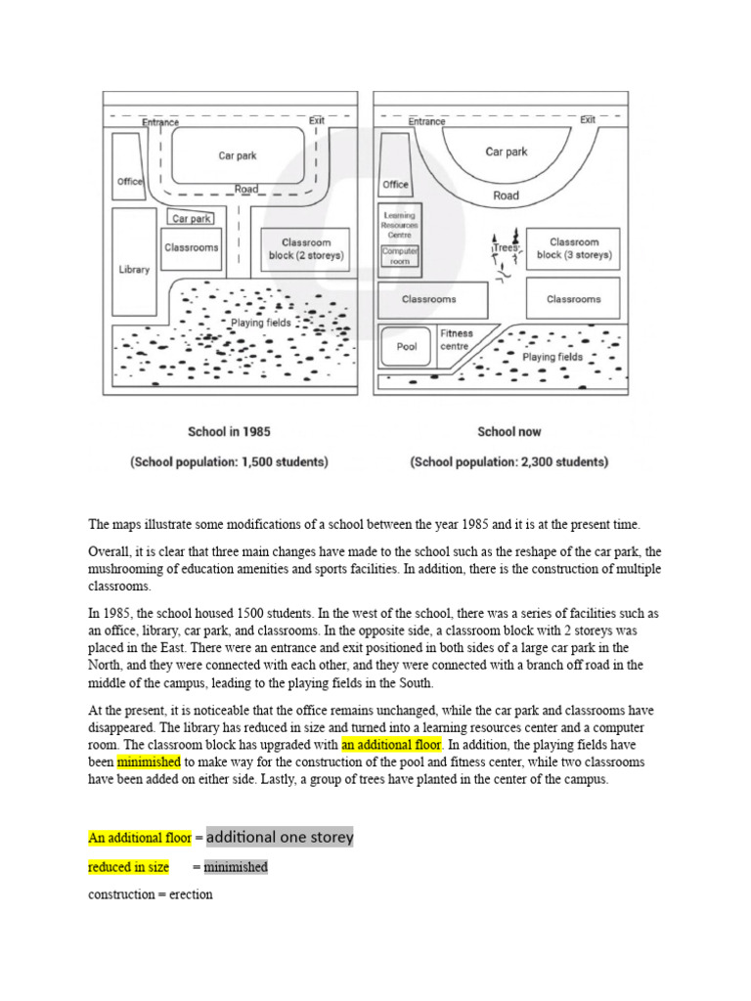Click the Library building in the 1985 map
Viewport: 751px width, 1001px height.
[134, 268]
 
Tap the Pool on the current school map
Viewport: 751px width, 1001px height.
[407, 346]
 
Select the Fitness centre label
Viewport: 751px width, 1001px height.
[455, 339]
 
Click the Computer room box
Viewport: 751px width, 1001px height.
[399, 256]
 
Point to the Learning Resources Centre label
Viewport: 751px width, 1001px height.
[399, 225]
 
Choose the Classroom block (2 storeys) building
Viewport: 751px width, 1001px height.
[306, 249]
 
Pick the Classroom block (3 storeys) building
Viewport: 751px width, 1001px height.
[573, 248]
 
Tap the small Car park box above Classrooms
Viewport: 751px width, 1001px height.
[193, 219]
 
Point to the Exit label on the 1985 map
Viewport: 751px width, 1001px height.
[317, 120]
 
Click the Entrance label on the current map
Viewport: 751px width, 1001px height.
[426, 121]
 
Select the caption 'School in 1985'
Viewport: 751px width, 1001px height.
[229, 431]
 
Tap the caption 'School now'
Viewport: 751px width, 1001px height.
[508, 431]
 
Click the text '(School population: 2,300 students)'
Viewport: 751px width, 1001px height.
[508, 462]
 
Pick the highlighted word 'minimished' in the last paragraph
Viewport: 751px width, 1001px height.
[149, 762]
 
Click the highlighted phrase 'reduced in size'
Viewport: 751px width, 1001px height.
[128, 867]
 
